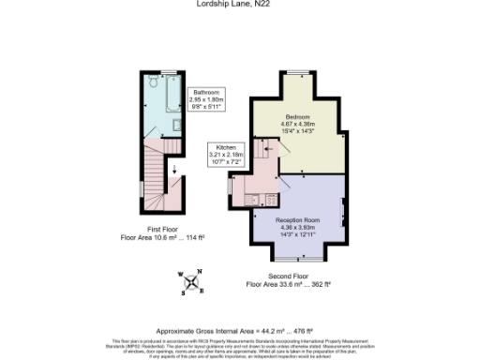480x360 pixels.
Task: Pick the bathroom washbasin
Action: pyautogui.click(x=177, y=124)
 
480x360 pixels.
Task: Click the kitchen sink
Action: pyautogui.click(x=253, y=198)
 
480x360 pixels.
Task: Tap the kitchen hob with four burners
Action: pyautogui.click(x=270, y=198)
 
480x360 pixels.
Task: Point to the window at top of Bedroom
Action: pyautogui.click(x=299, y=74)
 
